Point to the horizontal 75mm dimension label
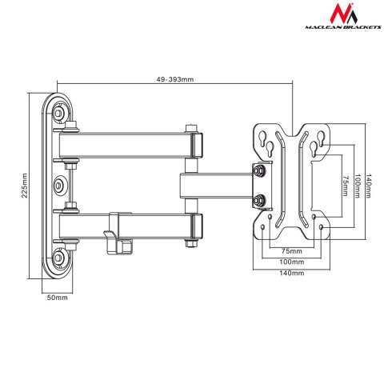pos(293,250)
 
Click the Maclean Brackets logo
pos(338,22)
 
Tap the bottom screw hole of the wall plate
pos(61,258)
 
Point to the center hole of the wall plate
pos(61,186)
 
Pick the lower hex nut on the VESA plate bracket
pos(260,201)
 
